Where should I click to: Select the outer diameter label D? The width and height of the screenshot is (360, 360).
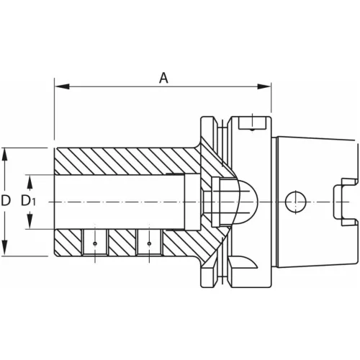click(6, 201)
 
